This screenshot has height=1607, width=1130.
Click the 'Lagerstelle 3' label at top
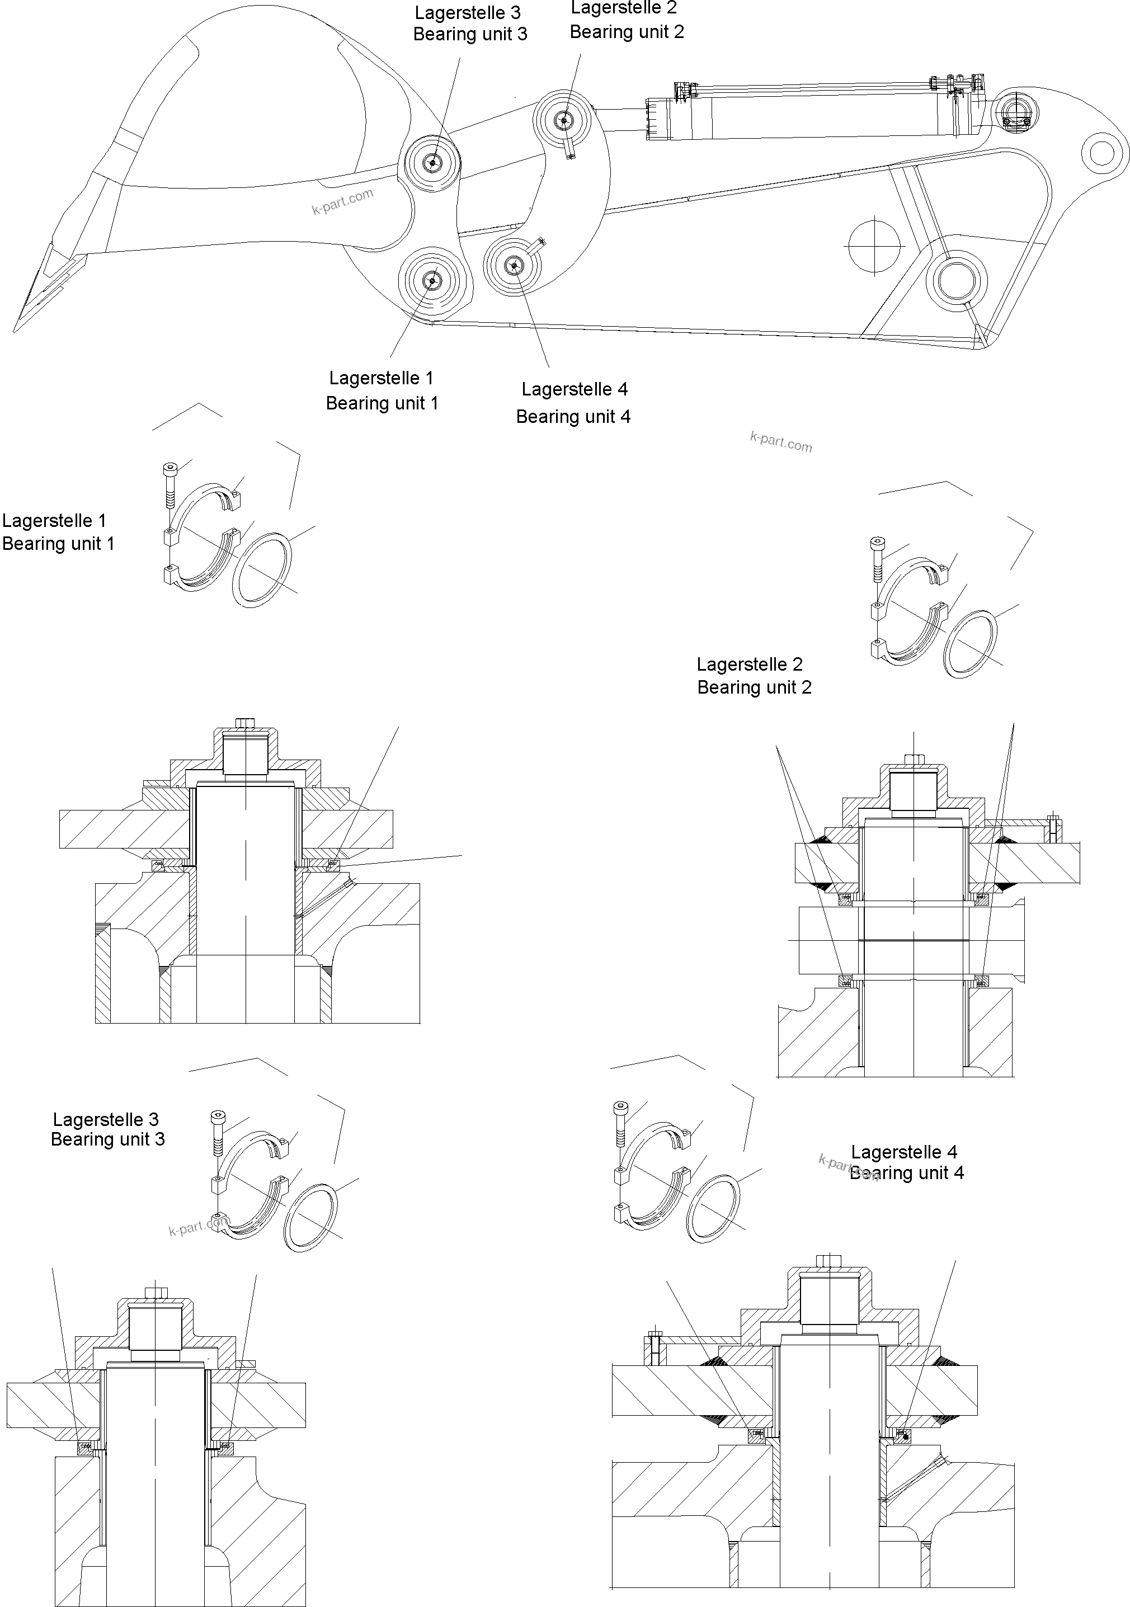click(x=468, y=13)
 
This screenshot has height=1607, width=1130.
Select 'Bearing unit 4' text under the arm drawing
click(x=573, y=417)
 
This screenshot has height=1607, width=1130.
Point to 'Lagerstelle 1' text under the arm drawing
click(x=382, y=378)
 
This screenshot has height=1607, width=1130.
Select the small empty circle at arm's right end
click(x=1101, y=151)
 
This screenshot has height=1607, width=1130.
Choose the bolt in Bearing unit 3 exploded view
click(x=218, y=1134)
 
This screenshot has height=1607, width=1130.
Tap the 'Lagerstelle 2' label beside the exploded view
click(x=749, y=664)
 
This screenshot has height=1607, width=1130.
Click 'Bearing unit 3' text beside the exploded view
click(x=108, y=1139)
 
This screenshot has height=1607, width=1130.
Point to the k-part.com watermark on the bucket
click(x=342, y=201)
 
